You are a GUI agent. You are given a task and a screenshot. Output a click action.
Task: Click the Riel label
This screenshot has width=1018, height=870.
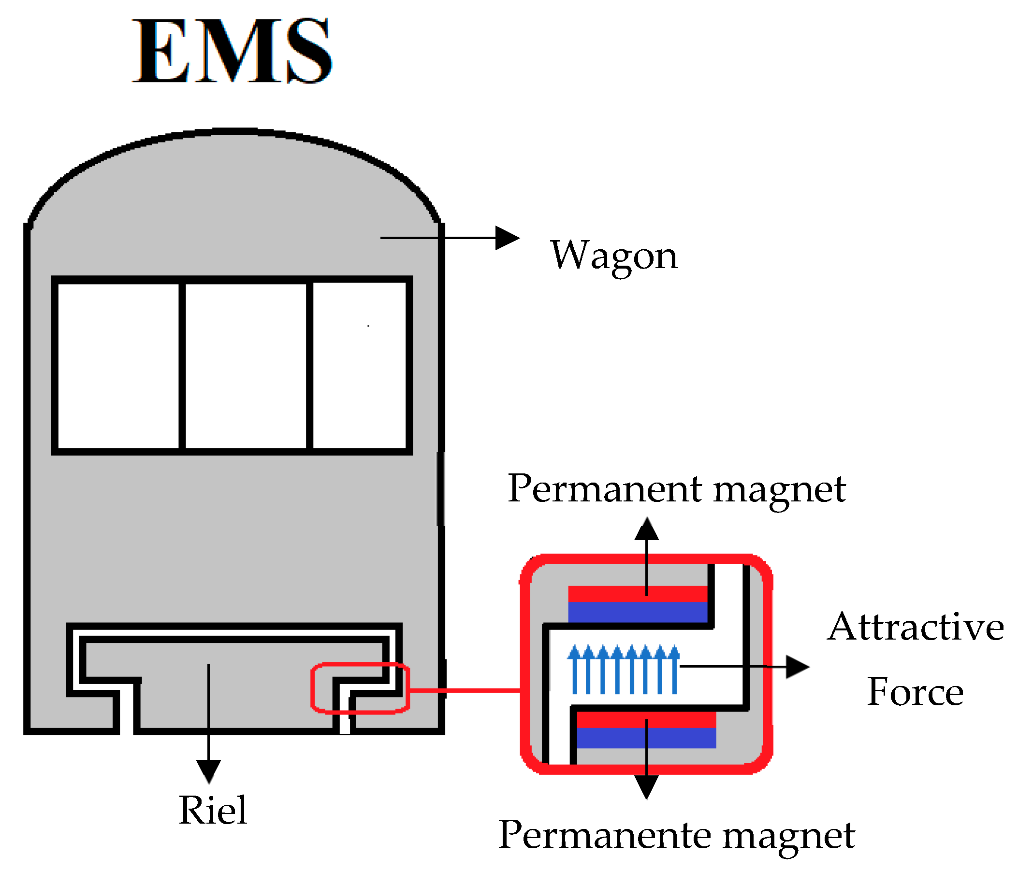213,811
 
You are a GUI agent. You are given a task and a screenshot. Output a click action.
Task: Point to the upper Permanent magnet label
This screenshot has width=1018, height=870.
677,489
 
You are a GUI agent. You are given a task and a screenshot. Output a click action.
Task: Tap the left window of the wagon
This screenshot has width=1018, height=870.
118,366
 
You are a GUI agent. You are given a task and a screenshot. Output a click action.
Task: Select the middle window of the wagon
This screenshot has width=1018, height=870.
246,366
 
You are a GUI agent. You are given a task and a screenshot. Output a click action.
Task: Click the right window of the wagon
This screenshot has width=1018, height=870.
359,366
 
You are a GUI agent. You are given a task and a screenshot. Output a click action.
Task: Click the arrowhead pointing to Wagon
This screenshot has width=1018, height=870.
507,238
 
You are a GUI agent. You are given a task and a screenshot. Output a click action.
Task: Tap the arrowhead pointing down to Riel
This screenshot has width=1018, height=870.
208,771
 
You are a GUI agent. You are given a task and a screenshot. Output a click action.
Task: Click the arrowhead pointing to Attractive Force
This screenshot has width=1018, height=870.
797,667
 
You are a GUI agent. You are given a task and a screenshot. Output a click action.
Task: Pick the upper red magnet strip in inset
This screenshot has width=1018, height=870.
609,594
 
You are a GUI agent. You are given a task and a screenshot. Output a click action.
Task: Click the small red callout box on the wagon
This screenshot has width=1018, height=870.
360,688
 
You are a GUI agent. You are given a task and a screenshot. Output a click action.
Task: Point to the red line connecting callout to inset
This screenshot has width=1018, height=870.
465,690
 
